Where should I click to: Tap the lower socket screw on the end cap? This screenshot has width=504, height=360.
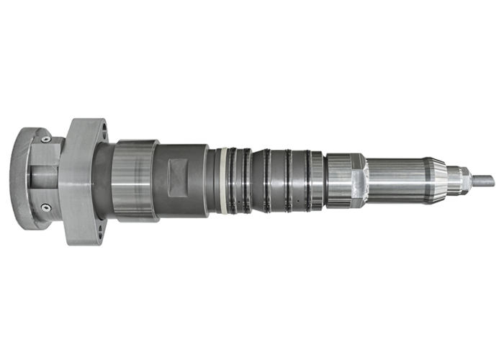45,207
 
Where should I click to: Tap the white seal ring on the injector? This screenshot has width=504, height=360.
225,180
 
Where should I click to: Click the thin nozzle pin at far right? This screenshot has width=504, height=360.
483,180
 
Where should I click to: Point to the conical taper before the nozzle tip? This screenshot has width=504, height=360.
435,180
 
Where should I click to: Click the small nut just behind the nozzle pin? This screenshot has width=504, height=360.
458,180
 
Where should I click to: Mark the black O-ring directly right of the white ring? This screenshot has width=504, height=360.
233,180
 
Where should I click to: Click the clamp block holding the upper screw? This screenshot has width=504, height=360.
46,151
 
